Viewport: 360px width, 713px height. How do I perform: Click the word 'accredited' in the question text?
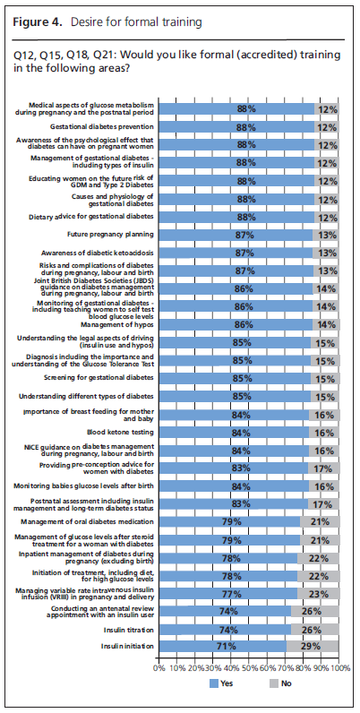[222, 56]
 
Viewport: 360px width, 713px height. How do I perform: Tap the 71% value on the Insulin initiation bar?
[232, 646]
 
